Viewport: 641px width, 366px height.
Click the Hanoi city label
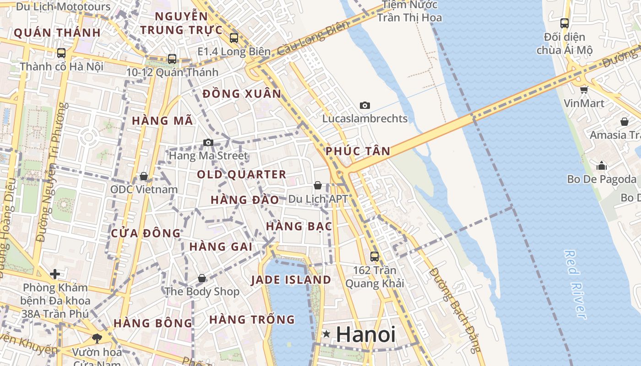point(365,334)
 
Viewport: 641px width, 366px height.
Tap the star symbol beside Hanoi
point(326,334)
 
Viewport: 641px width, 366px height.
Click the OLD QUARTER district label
point(241,174)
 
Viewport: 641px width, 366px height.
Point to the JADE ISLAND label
point(291,280)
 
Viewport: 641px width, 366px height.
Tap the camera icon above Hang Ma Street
point(208,142)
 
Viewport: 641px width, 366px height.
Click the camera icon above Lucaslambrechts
point(364,105)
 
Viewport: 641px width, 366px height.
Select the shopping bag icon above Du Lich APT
point(317,185)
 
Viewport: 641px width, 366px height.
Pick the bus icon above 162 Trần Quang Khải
point(375,257)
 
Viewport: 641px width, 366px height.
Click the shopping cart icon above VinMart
point(584,90)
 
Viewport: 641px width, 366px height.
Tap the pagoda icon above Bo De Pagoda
point(602,165)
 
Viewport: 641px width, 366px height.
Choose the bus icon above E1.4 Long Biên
point(234,38)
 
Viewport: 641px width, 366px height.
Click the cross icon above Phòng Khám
point(55,274)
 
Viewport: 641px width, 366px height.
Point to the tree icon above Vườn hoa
point(97,338)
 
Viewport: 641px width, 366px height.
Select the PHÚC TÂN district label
point(358,151)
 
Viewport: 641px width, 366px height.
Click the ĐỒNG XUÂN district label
point(242,94)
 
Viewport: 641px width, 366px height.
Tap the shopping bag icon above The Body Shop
point(201,278)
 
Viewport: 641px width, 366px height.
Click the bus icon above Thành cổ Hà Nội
point(61,53)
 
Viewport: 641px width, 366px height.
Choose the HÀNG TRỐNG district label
point(252,319)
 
